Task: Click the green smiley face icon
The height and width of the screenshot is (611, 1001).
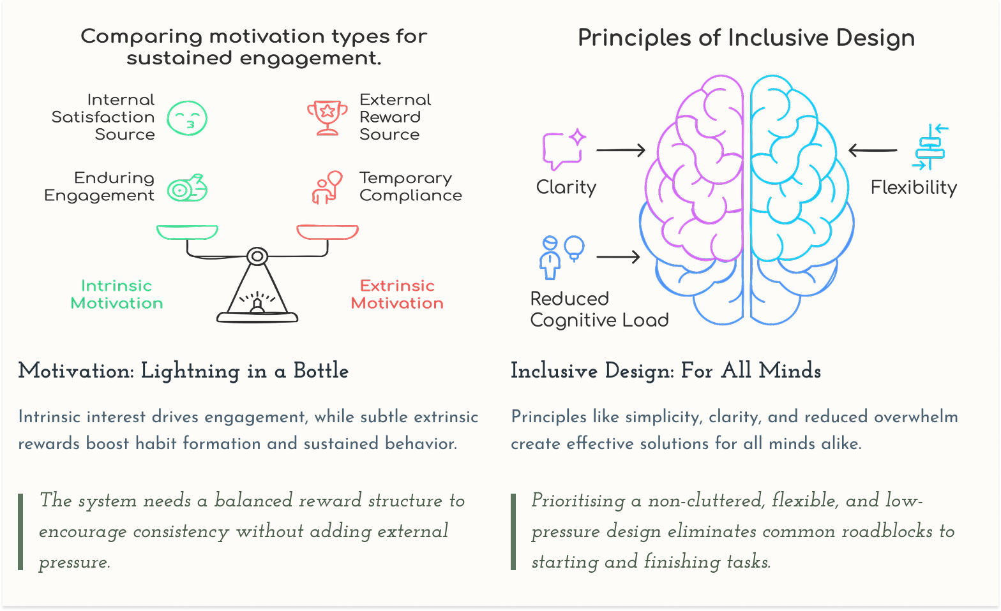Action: tap(187, 118)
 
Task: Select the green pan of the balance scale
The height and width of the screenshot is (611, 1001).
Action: tap(187, 232)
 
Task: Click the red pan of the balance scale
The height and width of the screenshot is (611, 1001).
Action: tap(327, 232)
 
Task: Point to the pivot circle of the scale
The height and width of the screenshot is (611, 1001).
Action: tap(257, 257)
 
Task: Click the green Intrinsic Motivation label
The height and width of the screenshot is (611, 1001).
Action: tap(117, 294)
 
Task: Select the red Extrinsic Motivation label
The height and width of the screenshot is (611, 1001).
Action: tap(397, 294)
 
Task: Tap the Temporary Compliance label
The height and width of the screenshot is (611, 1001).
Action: tap(410, 186)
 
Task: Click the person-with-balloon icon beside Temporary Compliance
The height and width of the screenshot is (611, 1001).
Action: tap(327, 187)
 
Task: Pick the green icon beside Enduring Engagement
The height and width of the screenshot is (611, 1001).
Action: tap(187, 188)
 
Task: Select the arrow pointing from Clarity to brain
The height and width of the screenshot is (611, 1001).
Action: tap(621, 151)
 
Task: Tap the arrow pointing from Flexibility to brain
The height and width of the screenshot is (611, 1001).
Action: tap(873, 151)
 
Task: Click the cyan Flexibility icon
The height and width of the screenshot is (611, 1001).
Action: tap(929, 147)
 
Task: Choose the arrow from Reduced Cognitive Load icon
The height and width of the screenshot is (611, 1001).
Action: tap(618, 257)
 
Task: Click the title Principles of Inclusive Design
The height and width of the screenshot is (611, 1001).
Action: tap(746, 38)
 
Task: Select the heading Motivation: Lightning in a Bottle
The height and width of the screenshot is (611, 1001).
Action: tap(183, 371)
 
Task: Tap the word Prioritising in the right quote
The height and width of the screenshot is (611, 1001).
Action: tap(578, 501)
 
